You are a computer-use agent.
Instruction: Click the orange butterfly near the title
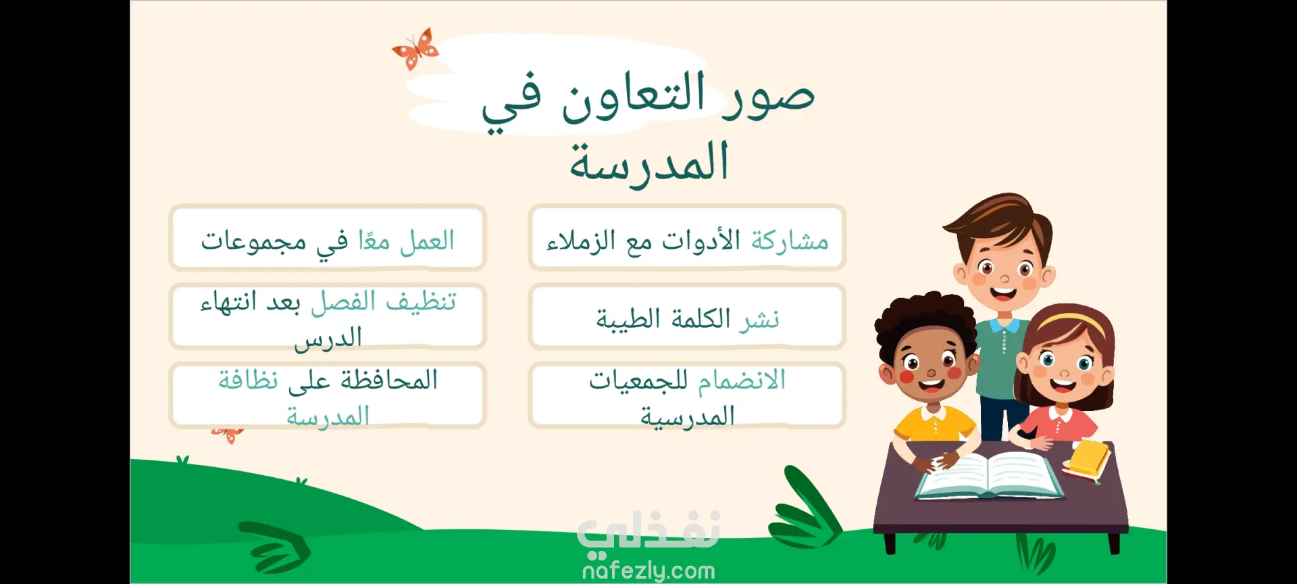[x=415, y=49]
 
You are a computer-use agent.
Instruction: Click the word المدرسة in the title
[x=649, y=162]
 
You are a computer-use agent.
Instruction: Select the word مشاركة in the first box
[x=790, y=240]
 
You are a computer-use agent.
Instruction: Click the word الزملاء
[x=580, y=240]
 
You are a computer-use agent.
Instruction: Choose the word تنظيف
[x=421, y=301]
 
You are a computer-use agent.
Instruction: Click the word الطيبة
[x=628, y=318]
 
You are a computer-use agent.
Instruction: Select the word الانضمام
[x=741, y=380]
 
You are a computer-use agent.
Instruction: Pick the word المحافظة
[x=389, y=379]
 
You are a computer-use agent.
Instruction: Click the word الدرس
[x=328, y=337]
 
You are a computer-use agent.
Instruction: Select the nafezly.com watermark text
[x=648, y=571]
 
